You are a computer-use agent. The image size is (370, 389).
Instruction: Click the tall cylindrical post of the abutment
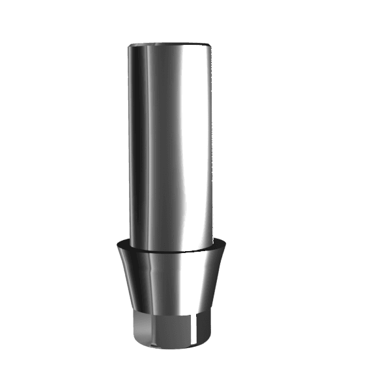pyautogui.click(x=171, y=143)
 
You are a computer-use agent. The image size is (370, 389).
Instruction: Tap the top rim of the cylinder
pyautogui.click(x=170, y=44)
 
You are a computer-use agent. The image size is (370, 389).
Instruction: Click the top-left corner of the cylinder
pyautogui.click(x=129, y=46)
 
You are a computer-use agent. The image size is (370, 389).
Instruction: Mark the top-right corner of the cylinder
pyautogui.click(x=212, y=46)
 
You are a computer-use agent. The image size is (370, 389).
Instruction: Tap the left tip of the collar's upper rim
pyautogui.click(x=117, y=242)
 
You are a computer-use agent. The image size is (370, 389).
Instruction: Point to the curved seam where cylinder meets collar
pyautogui.click(x=171, y=251)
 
